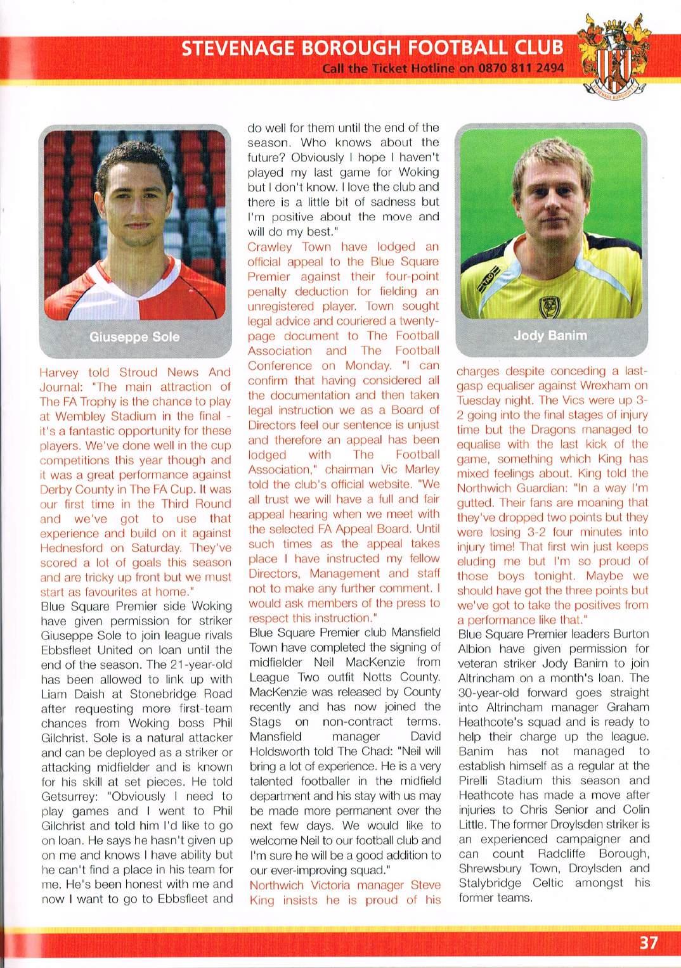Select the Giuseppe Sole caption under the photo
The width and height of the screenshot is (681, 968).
click(x=134, y=336)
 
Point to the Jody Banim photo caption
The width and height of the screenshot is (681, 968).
click(x=550, y=335)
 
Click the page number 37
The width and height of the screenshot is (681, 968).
click(x=648, y=943)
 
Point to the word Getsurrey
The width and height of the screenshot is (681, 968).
click(x=68, y=796)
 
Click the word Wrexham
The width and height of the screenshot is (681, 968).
click(x=607, y=385)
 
